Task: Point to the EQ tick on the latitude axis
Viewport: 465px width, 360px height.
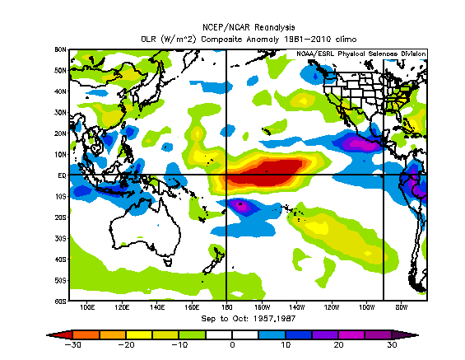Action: [61, 175]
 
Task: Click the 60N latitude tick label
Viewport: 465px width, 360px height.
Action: [60, 49]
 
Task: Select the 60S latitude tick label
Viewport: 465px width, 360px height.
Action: [60, 302]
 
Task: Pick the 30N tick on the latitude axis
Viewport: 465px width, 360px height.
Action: [60, 112]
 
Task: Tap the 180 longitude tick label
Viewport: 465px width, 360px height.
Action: [226, 308]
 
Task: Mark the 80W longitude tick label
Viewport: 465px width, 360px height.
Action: [402, 308]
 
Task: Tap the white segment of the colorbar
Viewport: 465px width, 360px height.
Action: [233, 334]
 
